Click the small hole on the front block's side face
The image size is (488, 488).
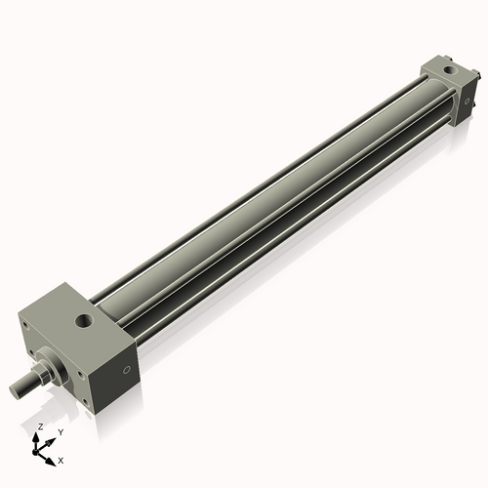click(126, 370)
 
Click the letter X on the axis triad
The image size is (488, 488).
click(61, 459)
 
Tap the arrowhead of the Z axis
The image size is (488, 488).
click(38, 436)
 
